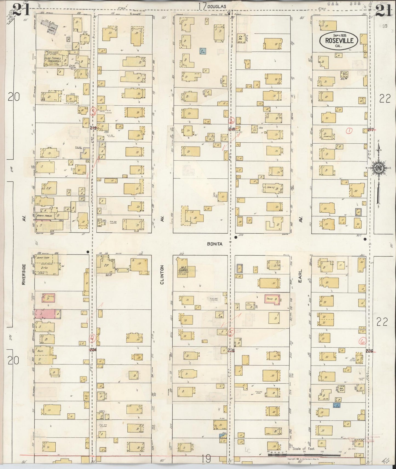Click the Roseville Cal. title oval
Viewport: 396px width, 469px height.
(x=338, y=41)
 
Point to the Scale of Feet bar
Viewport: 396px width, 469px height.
(x=304, y=454)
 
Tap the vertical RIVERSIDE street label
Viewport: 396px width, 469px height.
(x=24, y=275)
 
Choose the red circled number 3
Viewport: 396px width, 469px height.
(x=93, y=111)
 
